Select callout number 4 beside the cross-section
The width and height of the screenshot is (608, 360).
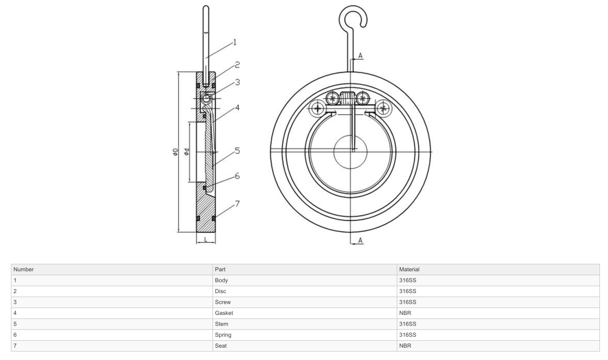237,107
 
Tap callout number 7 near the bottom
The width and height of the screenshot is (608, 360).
237,204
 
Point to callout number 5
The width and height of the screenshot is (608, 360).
237,151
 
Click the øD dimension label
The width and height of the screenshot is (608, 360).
175,152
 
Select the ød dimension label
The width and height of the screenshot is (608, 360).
187,152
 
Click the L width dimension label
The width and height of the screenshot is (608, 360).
206,239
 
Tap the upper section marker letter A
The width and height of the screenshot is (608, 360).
360,55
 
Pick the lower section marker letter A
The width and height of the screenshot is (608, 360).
360,240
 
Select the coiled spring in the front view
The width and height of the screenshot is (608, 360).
349,98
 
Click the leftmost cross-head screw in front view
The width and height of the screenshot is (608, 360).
318,107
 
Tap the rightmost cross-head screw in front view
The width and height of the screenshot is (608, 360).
384,107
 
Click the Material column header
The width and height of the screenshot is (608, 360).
409,269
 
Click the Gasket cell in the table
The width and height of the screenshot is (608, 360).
224,313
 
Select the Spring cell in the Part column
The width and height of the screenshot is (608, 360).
223,335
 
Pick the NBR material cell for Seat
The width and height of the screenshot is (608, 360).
405,346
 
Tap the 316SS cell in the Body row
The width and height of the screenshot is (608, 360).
407,280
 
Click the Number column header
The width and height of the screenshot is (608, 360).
23,269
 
